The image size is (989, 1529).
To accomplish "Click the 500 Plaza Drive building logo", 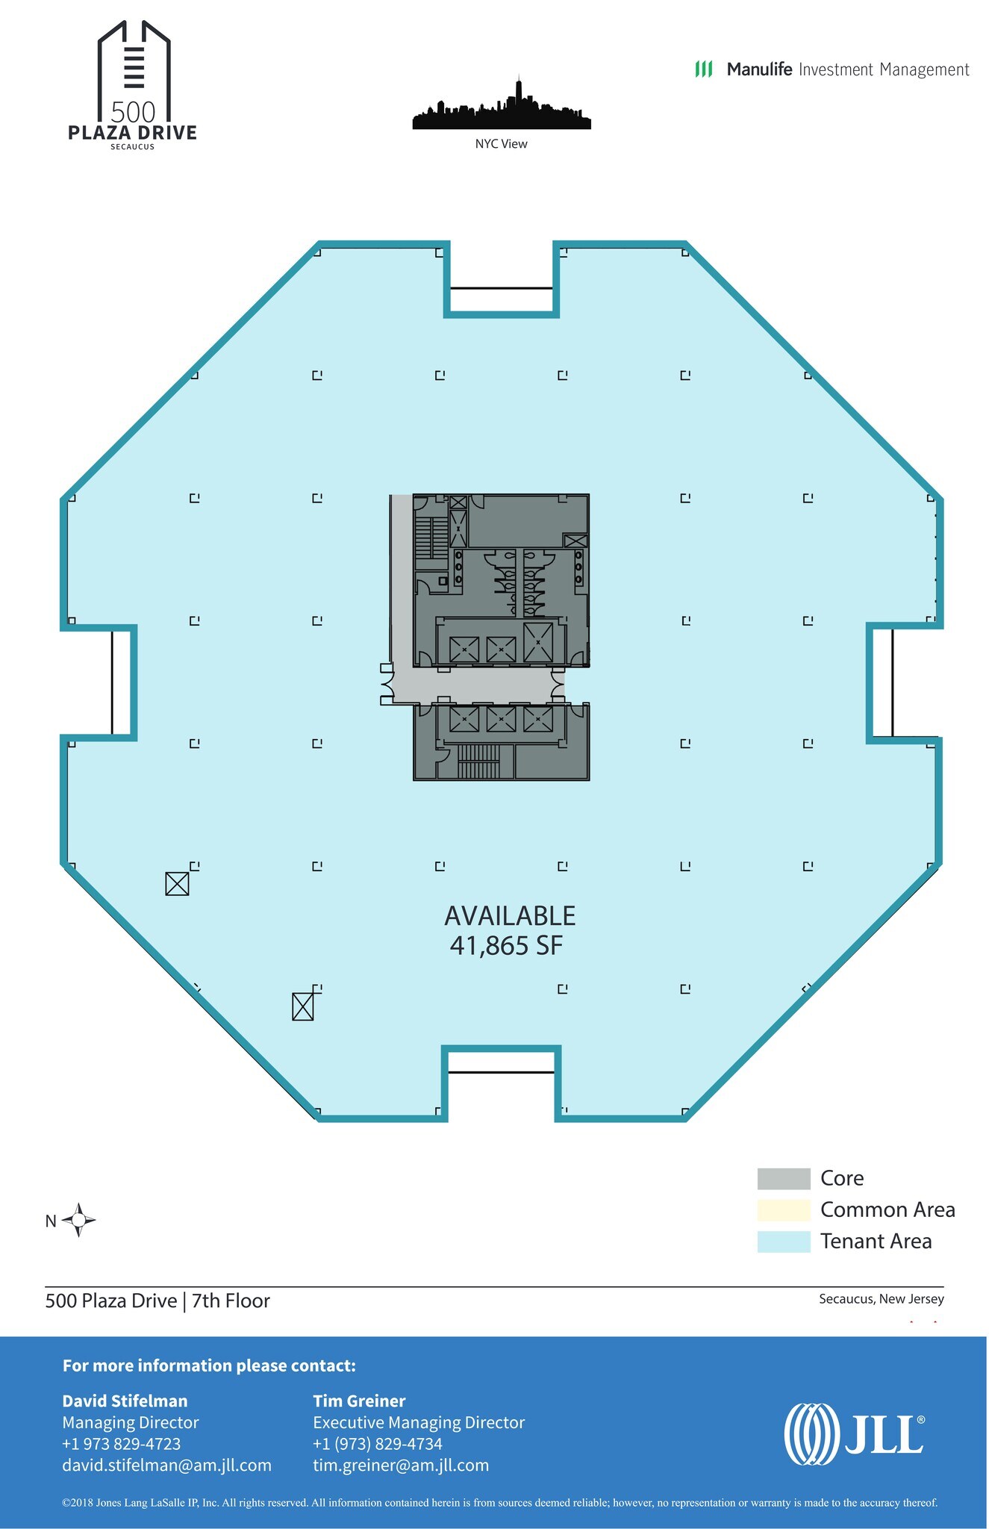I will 133,86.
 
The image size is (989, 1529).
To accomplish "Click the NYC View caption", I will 501,144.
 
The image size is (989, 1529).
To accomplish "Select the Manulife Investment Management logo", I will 832,69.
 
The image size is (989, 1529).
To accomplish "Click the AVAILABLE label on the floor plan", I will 510,916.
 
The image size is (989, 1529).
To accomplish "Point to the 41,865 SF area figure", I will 506,946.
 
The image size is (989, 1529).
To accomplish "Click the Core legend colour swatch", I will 783,1178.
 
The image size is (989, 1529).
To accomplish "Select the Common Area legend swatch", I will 783,1209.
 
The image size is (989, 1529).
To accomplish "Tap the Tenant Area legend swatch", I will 783,1242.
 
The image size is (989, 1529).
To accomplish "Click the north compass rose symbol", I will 78,1221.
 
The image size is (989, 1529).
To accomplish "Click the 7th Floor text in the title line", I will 231,1301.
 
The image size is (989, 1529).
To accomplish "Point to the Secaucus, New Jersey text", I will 881,1299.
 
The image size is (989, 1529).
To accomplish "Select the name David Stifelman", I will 125,1401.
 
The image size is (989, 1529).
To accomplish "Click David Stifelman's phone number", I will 121,1444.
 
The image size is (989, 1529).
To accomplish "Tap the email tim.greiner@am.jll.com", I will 401,1465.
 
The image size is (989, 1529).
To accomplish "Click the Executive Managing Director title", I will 419,1422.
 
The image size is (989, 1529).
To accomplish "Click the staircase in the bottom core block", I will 478,762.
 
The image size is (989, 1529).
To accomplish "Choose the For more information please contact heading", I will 209,1365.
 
